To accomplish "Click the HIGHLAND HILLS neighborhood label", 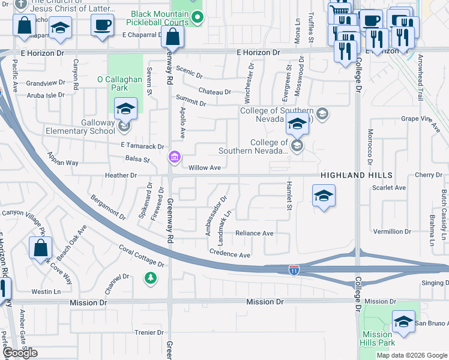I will coord(356,175).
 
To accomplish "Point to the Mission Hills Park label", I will coord(378,338).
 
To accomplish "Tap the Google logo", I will coord(20,352).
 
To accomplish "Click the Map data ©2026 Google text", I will coord(412,355).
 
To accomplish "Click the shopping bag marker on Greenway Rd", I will coord(172,38).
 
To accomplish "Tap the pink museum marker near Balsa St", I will coord(175,157).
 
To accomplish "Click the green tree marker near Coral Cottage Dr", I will coord(150,278).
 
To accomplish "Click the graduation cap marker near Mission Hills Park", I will coord(404,322).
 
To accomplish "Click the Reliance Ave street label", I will coord(254,233).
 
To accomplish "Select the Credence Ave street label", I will coord(229,254).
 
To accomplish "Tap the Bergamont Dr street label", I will coord(108,206).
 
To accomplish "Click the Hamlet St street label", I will coord(289,196).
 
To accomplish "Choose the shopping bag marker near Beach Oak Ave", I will coord(40,248).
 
